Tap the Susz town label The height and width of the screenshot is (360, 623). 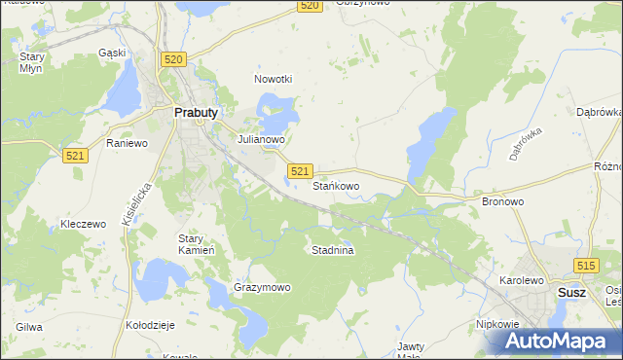[x=571, y=292]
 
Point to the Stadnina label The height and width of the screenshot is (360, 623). [x=332, y=250]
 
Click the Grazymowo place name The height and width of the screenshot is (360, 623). [x=262, y=288]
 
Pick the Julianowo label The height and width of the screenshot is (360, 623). [x=262, y=139]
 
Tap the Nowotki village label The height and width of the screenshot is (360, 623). [x=273, y=79]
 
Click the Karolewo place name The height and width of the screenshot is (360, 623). [x=521, y=280]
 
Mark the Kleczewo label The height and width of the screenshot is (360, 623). [x=83, y=224]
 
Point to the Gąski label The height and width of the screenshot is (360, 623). [x=113, y=53]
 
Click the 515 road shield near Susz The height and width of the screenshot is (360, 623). [x=585, y=266]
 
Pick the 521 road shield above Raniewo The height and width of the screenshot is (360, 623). [x=75, y=156]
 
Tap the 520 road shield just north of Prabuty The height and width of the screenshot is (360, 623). [x=174, y=60]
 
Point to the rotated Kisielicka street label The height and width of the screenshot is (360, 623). [x=136, y=205]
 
